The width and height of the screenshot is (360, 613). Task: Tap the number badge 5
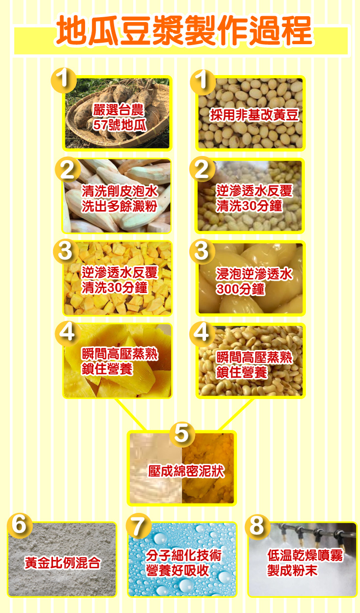(181, 433)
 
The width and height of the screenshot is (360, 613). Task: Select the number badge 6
(19, 525)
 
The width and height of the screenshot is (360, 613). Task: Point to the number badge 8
(257, 526)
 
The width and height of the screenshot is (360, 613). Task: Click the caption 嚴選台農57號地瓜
(119, 117)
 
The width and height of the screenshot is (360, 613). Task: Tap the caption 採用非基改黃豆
(254, 115)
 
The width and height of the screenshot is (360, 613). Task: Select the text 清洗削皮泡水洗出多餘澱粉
(119, 198)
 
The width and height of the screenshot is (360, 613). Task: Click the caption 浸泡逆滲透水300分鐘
(254, 281)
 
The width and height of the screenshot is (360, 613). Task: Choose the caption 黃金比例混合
(62, 563)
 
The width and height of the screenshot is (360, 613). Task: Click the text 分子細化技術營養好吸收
(183, 563)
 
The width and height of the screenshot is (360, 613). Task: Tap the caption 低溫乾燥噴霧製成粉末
(305, 563)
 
